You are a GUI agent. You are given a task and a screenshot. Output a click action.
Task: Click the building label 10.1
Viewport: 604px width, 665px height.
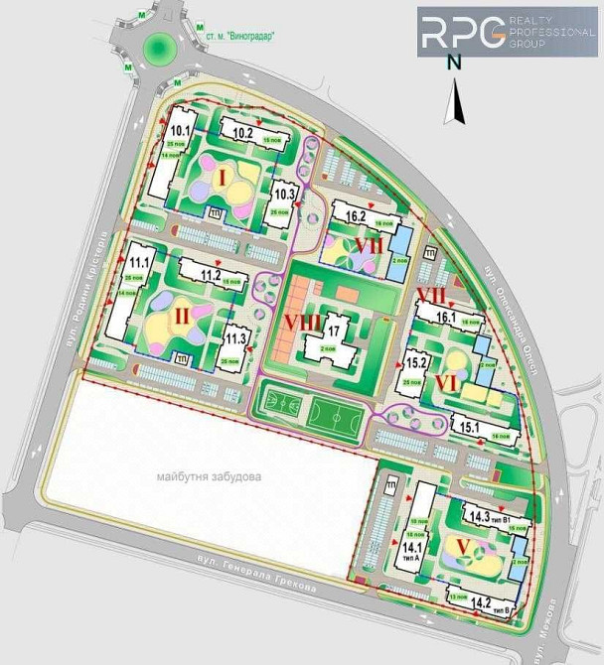pos(181,130)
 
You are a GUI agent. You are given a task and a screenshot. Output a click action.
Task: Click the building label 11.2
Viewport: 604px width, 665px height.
pos(210,275)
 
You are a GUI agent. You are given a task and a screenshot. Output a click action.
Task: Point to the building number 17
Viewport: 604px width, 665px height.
pos(334,332)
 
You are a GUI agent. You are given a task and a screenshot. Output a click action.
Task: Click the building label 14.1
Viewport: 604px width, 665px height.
pos(412,547)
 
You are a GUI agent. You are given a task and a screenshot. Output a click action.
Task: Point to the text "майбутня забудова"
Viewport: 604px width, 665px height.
pos(209,477)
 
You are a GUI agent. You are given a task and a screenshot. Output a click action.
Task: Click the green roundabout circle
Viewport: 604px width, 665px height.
pos(158,46)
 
